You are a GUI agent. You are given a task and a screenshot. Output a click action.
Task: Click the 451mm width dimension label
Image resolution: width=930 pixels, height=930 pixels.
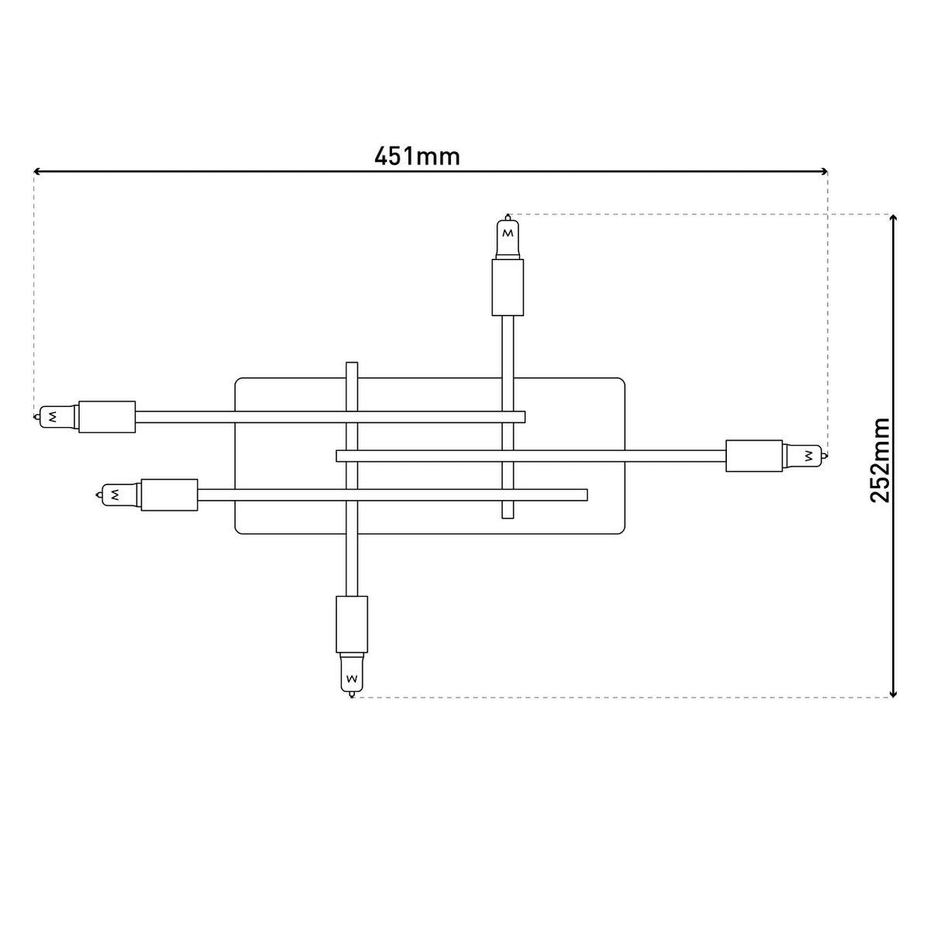pos(417,157)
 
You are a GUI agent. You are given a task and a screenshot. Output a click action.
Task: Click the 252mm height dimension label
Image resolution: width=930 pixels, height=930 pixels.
pos(880,460)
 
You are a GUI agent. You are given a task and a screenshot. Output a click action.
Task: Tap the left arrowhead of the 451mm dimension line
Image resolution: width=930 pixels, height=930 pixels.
pos(37,171)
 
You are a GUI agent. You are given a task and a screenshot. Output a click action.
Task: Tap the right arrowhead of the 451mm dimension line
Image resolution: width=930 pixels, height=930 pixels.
pos(824,171)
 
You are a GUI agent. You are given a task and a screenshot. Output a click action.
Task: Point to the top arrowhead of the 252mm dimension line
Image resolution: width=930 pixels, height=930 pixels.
pos(894,219)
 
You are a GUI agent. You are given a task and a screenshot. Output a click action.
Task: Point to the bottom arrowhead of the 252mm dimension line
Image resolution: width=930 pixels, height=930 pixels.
pos(894,693)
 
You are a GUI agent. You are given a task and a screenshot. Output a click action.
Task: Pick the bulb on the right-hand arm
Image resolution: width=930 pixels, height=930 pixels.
pos(804,455)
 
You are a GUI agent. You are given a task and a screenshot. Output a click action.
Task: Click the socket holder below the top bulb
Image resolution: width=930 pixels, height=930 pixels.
pos(508,287)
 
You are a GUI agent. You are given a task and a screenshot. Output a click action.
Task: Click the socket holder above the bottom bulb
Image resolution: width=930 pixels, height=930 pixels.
pos(351,624)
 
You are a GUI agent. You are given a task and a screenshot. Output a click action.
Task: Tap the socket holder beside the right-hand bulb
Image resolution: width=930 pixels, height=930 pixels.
pos(754,455)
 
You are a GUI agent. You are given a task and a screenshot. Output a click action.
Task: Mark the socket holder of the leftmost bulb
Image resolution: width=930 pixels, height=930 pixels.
pos(107,416)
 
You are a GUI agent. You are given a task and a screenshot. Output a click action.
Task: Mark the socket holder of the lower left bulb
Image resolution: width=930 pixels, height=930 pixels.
pos(169,494)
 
